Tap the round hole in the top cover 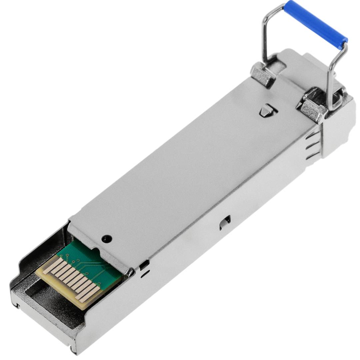pos(106,239)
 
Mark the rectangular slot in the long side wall pos(225,222)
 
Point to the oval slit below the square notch pos(144,276)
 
